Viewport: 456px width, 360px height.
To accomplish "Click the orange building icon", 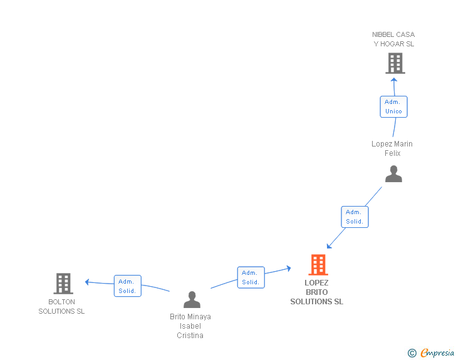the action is click(318, 265).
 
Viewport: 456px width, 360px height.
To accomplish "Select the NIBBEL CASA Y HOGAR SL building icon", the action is click(395, 63).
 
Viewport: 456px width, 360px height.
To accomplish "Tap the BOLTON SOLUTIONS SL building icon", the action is click(63, 284).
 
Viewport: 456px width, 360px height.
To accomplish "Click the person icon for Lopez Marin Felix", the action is click(393, 173).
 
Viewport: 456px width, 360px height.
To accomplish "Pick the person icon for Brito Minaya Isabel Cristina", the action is click(192, 299).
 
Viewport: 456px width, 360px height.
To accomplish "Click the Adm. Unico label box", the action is click(393, 106).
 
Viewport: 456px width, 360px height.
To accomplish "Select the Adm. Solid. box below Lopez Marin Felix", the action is click(355, 217).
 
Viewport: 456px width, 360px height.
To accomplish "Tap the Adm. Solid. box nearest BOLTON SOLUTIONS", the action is click(127, 286).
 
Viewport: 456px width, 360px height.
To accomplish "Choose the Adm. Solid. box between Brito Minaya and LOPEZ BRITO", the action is click(251, 277).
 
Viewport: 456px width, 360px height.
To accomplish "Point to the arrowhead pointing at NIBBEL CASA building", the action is click(394, 80).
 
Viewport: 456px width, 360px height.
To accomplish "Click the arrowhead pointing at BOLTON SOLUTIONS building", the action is click(87, 282).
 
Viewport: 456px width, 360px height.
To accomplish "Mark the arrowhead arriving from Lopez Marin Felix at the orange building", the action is click(329, 246).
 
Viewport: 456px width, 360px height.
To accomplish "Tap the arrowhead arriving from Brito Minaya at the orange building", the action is click(289, 268).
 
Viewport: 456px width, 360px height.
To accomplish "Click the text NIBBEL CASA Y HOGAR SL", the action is click(393, 39).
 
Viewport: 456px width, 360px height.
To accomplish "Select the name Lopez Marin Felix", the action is click(392, 148).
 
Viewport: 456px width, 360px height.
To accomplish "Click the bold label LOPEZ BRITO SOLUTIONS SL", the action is click(317, 292).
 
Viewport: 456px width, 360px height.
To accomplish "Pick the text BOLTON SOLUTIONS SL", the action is click(61, 307).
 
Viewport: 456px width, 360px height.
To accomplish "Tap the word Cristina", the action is click(190, 336).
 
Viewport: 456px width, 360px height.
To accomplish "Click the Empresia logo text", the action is click(437, 352).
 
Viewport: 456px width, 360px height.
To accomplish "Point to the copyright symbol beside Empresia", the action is click(412, 353).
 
